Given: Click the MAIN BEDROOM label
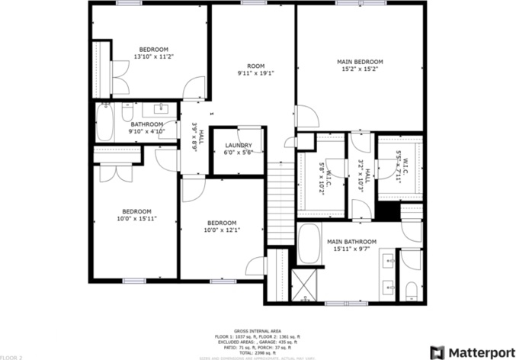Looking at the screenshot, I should pos(359,62).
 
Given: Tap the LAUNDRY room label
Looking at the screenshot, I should pos(238,145).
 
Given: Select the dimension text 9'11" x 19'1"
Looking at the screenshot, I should pos(255,74).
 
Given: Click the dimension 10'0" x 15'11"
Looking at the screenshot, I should pos(137,219).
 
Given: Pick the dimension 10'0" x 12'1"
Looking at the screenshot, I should pos(223,230).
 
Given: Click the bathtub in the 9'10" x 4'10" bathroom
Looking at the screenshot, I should pos(105,122).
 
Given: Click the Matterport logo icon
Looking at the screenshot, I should pos(438,352).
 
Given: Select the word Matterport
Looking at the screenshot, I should pos(479,352).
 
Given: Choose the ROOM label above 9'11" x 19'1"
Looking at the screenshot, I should pos(255,66).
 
